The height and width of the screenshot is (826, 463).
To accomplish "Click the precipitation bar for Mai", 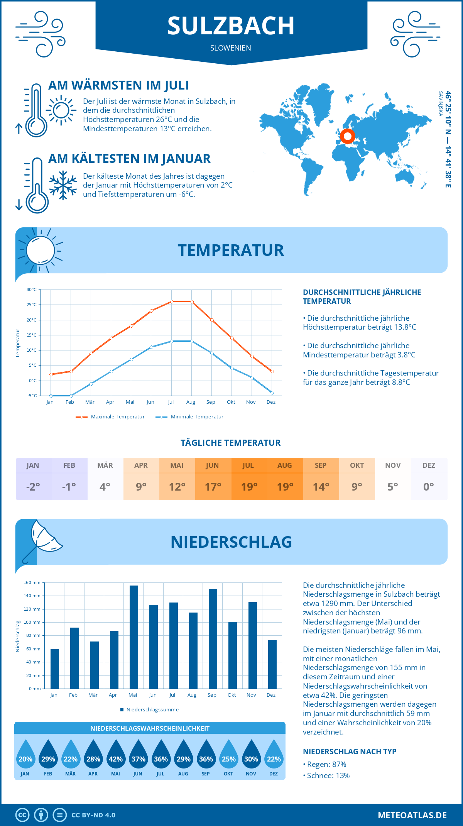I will coord(133,637).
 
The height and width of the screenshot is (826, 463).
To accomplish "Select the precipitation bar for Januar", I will coord(55,669).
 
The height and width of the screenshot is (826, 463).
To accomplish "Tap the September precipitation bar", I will coord(213,638).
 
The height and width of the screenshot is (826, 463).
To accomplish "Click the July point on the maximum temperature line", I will coord(172,301).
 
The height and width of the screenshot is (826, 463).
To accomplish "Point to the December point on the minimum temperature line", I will coord(272,393).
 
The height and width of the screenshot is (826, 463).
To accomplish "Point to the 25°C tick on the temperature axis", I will coord(32,305).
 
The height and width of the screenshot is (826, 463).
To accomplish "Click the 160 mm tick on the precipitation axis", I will coord(32,582).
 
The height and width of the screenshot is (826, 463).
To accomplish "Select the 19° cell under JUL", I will coord(249,487).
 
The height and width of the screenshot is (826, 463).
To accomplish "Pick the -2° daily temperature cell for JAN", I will coord(33,487).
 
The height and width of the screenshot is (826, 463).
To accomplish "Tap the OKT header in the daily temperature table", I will coord(357,465).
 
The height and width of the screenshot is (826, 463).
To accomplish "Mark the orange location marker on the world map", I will coord(348,136).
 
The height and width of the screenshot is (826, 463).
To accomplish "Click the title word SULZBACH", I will coord(231,26).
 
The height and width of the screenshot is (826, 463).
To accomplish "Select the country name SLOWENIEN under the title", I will coord(231,48).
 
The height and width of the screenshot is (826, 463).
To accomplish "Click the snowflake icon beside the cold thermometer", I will coord(63,185).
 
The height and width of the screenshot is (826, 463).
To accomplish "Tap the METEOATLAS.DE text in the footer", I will coord(412,815).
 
